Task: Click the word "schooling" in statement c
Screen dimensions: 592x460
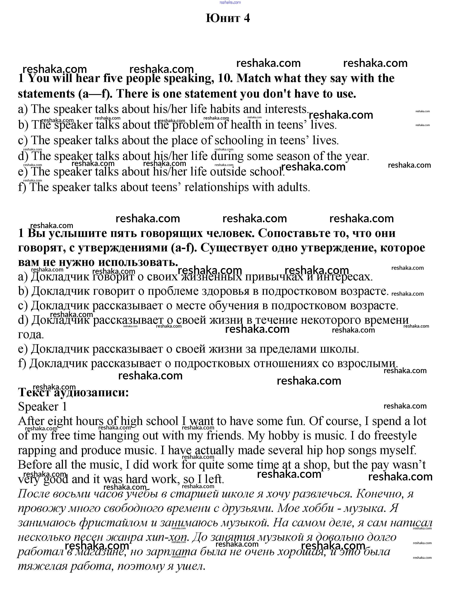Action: point(239,141)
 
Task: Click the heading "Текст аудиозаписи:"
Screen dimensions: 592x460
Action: point(73,392)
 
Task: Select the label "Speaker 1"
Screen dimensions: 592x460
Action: point(42,407)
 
